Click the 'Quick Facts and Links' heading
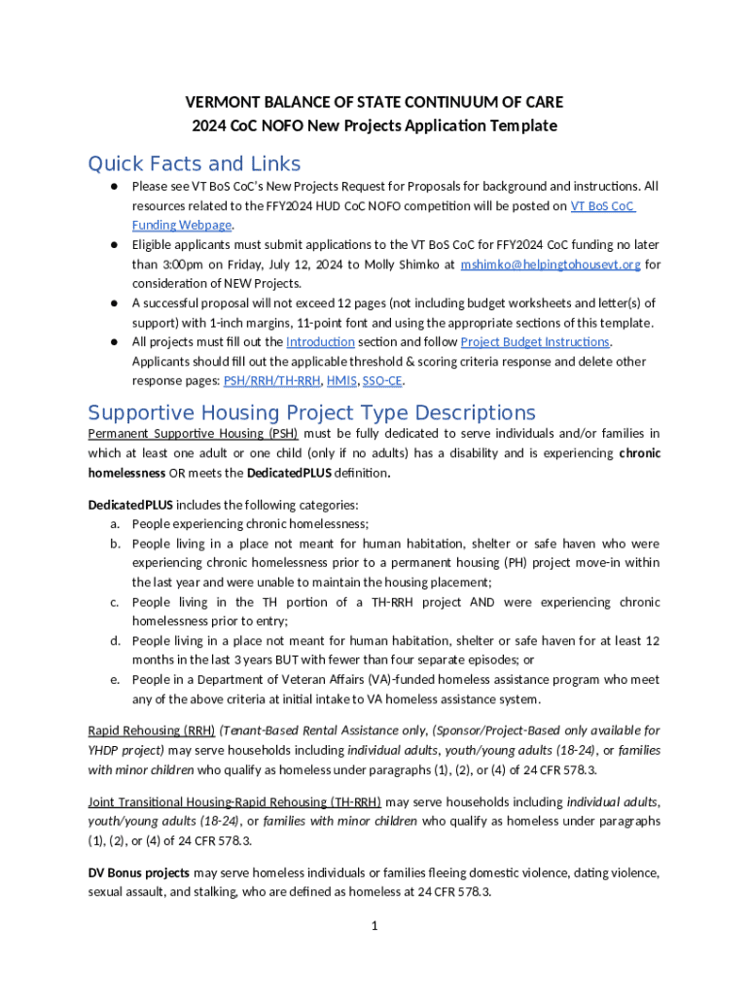195,163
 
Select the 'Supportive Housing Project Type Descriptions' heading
311,411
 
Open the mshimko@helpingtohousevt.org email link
550,265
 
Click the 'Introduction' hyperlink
320,342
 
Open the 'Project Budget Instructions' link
535,342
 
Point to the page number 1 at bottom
374,925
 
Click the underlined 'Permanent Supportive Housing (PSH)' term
193,434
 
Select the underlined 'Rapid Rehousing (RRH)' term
151,730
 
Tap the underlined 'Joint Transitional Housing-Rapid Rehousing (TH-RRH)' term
234,802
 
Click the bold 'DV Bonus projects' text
138,873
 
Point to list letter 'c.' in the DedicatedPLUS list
114,603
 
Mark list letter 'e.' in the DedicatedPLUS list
114,681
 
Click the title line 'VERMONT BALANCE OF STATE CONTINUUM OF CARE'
374,102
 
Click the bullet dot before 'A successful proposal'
114,303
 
